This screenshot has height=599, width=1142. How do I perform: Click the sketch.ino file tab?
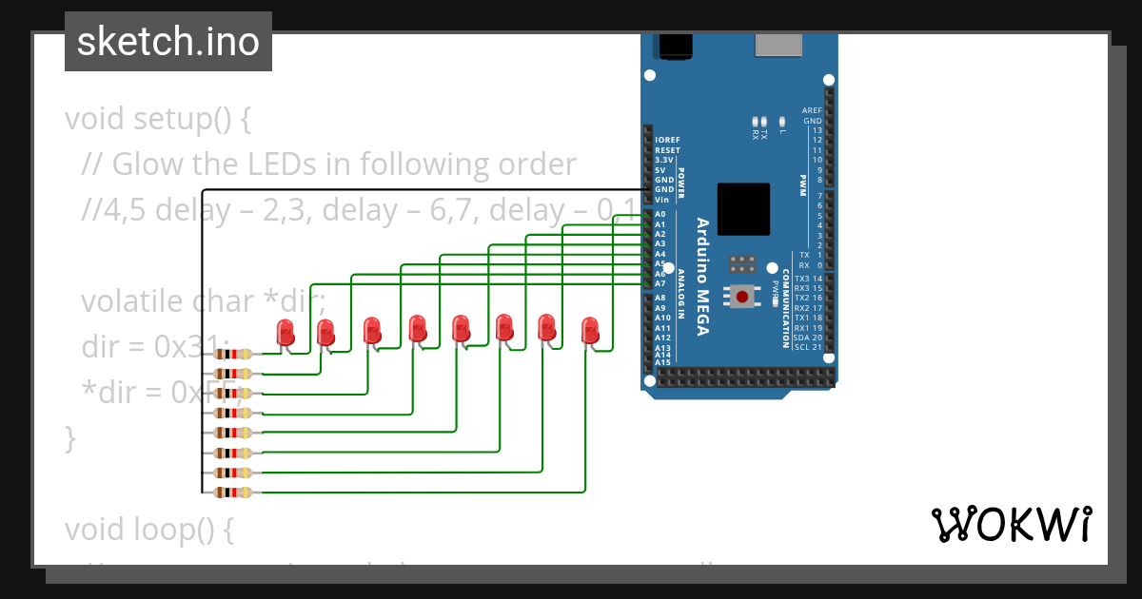point(168,42)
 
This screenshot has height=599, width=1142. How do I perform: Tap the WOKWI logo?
point(1011,524)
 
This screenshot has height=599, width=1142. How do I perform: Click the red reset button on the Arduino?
point(742,297)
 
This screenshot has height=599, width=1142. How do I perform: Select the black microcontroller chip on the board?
point(742,209)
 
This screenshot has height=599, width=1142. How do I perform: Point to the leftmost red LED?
point(285,333)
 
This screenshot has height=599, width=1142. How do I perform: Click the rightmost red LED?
point(591,330)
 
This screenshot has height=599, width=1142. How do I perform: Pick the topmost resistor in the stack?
point(233,354)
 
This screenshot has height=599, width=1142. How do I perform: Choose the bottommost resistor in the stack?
point(233,493)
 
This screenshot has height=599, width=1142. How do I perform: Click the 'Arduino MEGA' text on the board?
point(702,277)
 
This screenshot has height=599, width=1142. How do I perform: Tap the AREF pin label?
point(811,110)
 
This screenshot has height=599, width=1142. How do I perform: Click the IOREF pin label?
point(667,140)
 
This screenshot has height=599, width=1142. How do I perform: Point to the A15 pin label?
point(662,362)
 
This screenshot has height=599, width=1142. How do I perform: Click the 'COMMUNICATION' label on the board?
point(786,308)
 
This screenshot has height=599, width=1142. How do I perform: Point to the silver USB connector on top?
point(778,45)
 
